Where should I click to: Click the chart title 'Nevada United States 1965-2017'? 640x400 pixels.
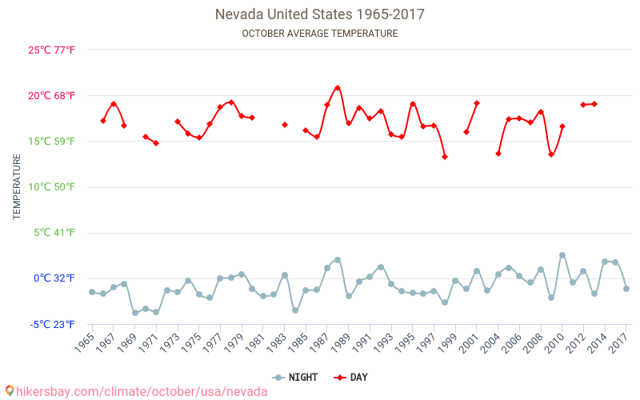pos(320,14)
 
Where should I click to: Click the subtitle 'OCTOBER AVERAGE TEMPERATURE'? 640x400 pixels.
pos(320,34)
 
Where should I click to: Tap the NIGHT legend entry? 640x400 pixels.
pos(296,378)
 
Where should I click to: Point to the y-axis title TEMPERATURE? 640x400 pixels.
pos(17,186)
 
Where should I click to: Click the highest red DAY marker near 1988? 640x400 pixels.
pos(338,88)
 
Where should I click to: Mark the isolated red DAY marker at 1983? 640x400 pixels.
pos(285,125)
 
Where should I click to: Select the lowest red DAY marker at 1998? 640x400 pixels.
pos(445,157)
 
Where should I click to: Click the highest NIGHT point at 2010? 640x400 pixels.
pos(562,255)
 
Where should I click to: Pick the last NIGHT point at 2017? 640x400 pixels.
pos(626,289)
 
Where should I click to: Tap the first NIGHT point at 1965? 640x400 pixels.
pos(92,292)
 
